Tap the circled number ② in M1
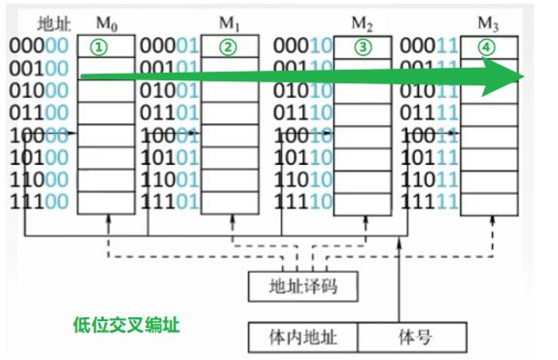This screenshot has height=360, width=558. tap(227, 47)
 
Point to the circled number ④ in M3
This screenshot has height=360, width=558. tap(487, 47)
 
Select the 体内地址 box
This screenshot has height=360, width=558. tap(304, 336)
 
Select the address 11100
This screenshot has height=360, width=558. tap(39, 203)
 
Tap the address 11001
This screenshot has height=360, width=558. tap(168, 180)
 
